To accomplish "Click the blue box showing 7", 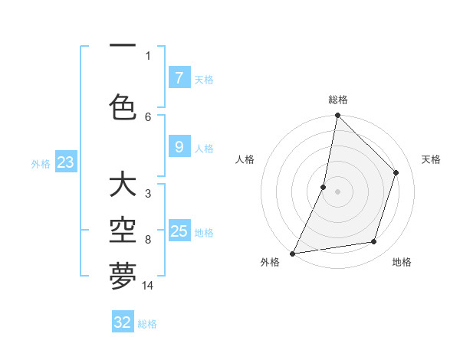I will coord(179,77).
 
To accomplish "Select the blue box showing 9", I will coord(179,147).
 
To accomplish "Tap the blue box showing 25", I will coord(179,231).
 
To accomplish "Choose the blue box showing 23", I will coord(65,162).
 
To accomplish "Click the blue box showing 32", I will coord(123,322).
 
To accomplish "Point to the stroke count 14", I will coord(148,286).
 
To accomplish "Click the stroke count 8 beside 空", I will coord(148,240).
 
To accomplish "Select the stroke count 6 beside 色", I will coord(148,116).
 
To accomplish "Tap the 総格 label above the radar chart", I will coord(337,100).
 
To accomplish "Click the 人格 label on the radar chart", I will coord(245,159).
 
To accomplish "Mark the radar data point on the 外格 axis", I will coord(292,253).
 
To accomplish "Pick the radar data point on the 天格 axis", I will coord(396,172).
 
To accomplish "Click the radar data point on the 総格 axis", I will coord(337,116).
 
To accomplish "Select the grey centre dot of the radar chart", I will coord(337,191).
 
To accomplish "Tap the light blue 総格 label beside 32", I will coord(147,324).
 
